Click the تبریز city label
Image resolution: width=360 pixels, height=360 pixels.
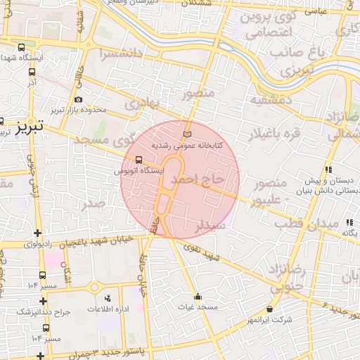point(30,127)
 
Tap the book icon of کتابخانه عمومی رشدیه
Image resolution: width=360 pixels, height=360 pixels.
point(186,134)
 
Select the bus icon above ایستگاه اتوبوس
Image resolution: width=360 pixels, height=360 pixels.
point(139,159)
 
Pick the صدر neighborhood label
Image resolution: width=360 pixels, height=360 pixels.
point(94,204)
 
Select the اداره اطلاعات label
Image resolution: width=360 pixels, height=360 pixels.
point(108,309)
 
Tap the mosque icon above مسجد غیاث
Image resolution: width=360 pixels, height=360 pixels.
point(198,296)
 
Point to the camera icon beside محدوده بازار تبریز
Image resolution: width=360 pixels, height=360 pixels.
point(77,100)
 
